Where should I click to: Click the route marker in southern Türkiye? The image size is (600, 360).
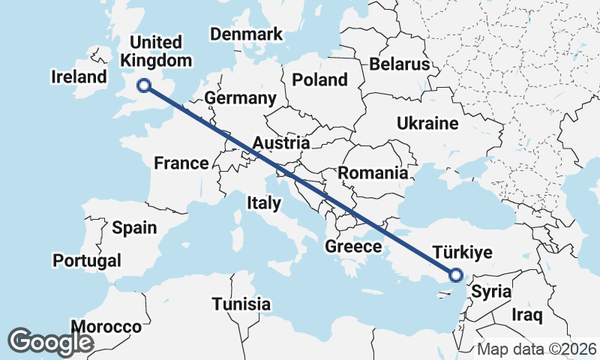tap(455, 275)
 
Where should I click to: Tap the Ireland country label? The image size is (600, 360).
tap(79, 76)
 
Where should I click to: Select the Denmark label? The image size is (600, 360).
tap(247, 34)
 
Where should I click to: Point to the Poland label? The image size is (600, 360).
tap(320, 79)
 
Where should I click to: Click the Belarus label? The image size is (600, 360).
tap(398, 64)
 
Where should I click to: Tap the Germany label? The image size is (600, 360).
tap(240, 98)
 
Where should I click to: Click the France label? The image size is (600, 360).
tap(181, 163)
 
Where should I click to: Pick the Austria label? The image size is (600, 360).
tap(281, 142)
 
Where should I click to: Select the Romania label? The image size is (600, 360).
tap(373, 173)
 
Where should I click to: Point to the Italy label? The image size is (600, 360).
tap(264, 202)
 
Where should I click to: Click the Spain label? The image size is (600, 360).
tap(134, 227)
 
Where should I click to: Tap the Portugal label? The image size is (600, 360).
tap(86, 260)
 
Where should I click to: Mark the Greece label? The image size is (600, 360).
tap(353, 246)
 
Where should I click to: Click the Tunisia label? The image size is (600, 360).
tap(241, 304)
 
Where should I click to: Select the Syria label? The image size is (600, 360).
tap(492, 292)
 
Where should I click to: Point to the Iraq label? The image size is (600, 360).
tap(526, 315)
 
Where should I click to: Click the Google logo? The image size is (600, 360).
tap(51, 342)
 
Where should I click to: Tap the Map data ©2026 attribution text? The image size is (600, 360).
tap(537, 349)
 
